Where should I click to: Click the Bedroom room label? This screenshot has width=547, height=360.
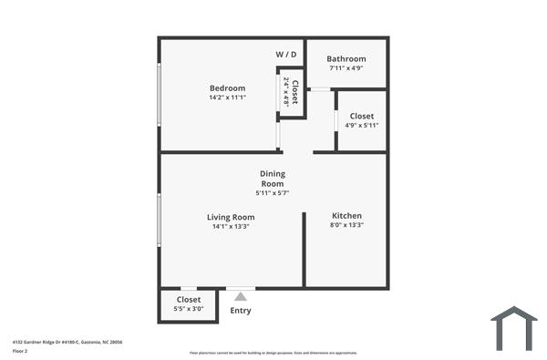pos(227,88)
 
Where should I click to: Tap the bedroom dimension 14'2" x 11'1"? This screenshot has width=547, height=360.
pos(227,98)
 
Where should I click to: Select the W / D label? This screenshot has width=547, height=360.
pos(286,55)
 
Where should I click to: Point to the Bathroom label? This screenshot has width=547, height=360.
pos(346,59)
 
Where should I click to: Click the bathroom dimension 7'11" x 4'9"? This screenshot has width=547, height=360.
pos(346,68)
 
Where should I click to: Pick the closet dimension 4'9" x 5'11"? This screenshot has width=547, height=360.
pos(362,126)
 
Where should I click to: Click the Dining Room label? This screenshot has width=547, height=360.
pos(273,179)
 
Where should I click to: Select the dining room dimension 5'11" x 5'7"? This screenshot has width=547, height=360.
pos(273,193)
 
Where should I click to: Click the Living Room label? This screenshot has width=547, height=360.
pos(231,217)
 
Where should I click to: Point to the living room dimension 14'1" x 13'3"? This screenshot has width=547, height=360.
pos(231,226)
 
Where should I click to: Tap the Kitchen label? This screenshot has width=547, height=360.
pos(346,216)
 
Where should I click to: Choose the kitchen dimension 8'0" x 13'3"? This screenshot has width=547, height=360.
pos(346,225)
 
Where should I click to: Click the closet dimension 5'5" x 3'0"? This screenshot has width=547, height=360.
pos(189,309)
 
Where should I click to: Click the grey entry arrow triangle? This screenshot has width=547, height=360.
pos(241,295)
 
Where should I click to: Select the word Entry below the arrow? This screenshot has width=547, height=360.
pos(241,311)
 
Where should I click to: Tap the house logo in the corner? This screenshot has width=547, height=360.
pos(514,327)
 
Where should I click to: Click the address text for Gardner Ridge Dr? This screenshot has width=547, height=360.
pos(67,342)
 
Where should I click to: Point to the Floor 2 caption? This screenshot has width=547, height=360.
pos(19,351)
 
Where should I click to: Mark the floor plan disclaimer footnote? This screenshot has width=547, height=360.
pos(273,353)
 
